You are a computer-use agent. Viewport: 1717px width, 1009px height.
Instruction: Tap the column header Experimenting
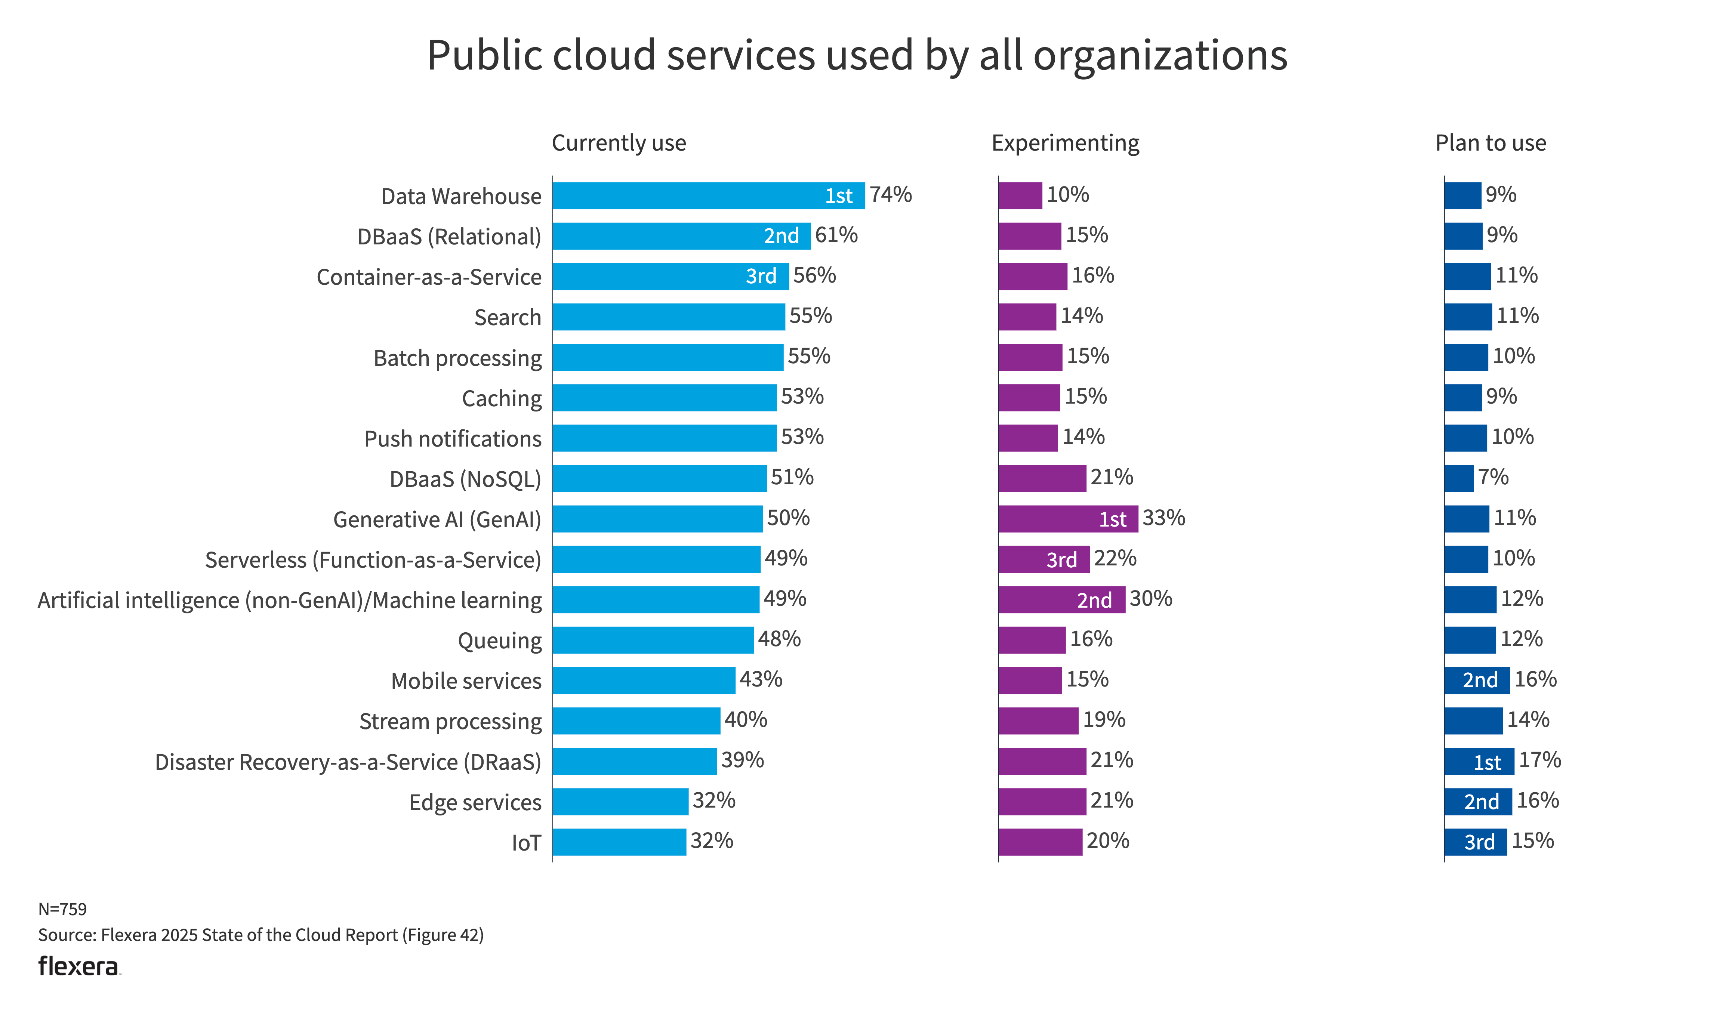[x=1065, y=143]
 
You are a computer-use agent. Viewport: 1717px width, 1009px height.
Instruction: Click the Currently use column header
[x=619, y=143]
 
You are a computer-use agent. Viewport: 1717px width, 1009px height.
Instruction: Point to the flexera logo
[x=78, y=966]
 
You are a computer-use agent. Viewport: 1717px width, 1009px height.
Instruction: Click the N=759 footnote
[x=63, y=909]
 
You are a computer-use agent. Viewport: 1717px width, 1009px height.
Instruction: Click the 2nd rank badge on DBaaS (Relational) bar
[x=781, y=236]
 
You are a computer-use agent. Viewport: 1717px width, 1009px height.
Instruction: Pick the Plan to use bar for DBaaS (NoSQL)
[x=1458, y=478]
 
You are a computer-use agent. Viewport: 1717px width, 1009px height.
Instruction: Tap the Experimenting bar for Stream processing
[x=1038, y=721]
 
